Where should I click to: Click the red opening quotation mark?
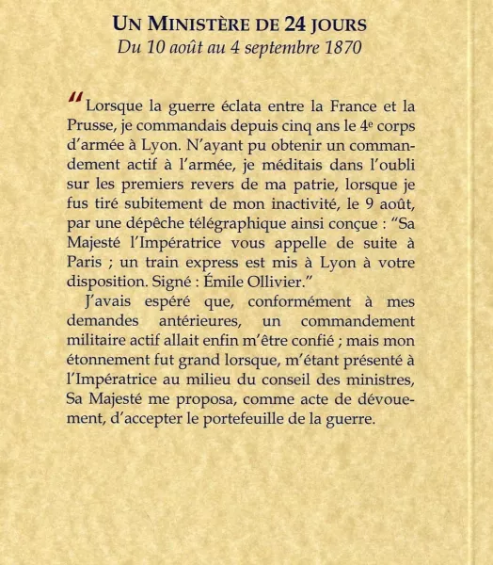click(x=75, y=99)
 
